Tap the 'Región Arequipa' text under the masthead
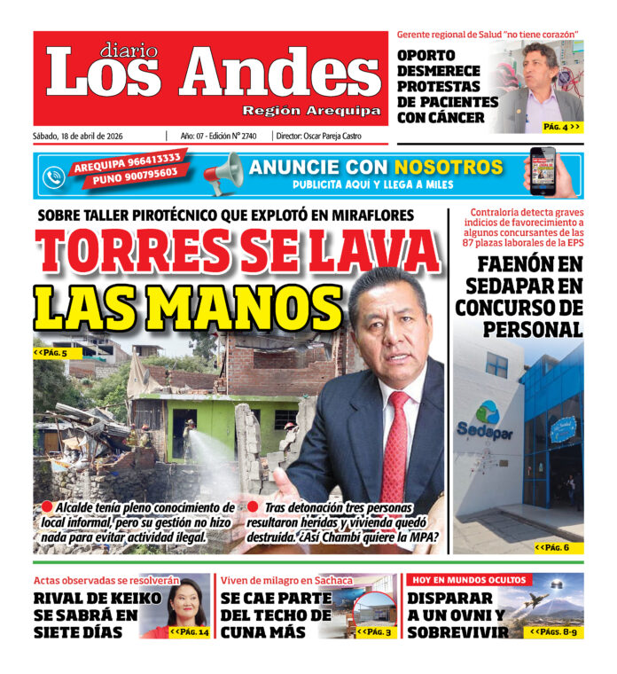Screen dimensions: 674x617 [311, 111]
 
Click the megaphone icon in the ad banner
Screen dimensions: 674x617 [223, 173]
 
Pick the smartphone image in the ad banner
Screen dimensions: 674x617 [543, 171]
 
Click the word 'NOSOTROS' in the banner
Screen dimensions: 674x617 [449, 167]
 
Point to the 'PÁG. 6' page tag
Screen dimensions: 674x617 [558, 547]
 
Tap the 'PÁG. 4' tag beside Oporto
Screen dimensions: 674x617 [562, 127]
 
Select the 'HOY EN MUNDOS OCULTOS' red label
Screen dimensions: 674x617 [468, 580]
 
